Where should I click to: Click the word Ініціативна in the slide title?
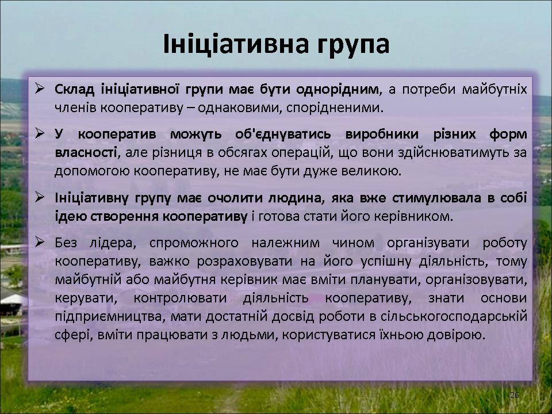click(x=237, y=44)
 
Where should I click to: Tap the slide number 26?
click(x=514, y=395)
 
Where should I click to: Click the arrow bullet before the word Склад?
click(x=40, y=89)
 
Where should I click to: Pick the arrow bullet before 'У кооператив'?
click(x=40, y=133)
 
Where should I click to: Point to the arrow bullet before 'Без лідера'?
click(x=40, y=242)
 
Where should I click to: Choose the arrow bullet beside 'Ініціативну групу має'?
click(x=40, y=197)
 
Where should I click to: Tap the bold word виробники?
click(x=382, y=135)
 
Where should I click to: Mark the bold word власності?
click(x=86, y=153)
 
